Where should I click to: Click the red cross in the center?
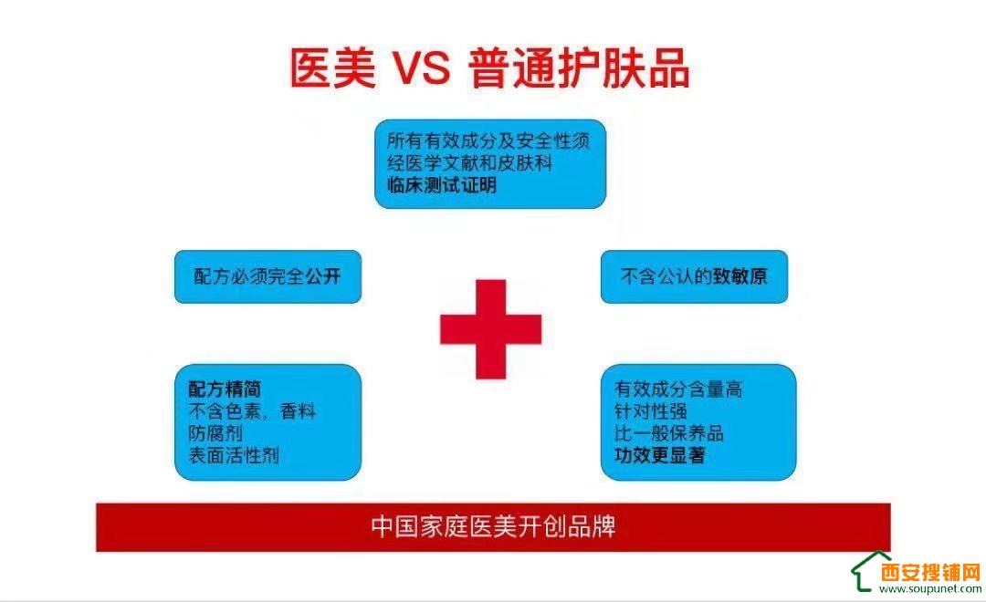(490, 329)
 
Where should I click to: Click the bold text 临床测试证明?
(442, 185)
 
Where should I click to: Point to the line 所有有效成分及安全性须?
(488, 140)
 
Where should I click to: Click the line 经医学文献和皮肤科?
(470, 162)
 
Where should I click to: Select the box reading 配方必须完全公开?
(267, 276)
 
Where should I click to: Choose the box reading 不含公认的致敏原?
(694, 276)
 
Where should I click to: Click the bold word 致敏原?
(739, 276)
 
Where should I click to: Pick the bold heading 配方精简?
(225, 389)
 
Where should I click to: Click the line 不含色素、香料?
(252, 411)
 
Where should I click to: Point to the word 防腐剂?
(215, 433)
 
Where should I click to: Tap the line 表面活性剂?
(234, 455)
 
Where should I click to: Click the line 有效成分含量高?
(678, 389)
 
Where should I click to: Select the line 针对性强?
(651, 411)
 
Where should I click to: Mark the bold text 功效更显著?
(660, 455)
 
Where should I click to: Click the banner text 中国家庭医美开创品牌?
(493, 526)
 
